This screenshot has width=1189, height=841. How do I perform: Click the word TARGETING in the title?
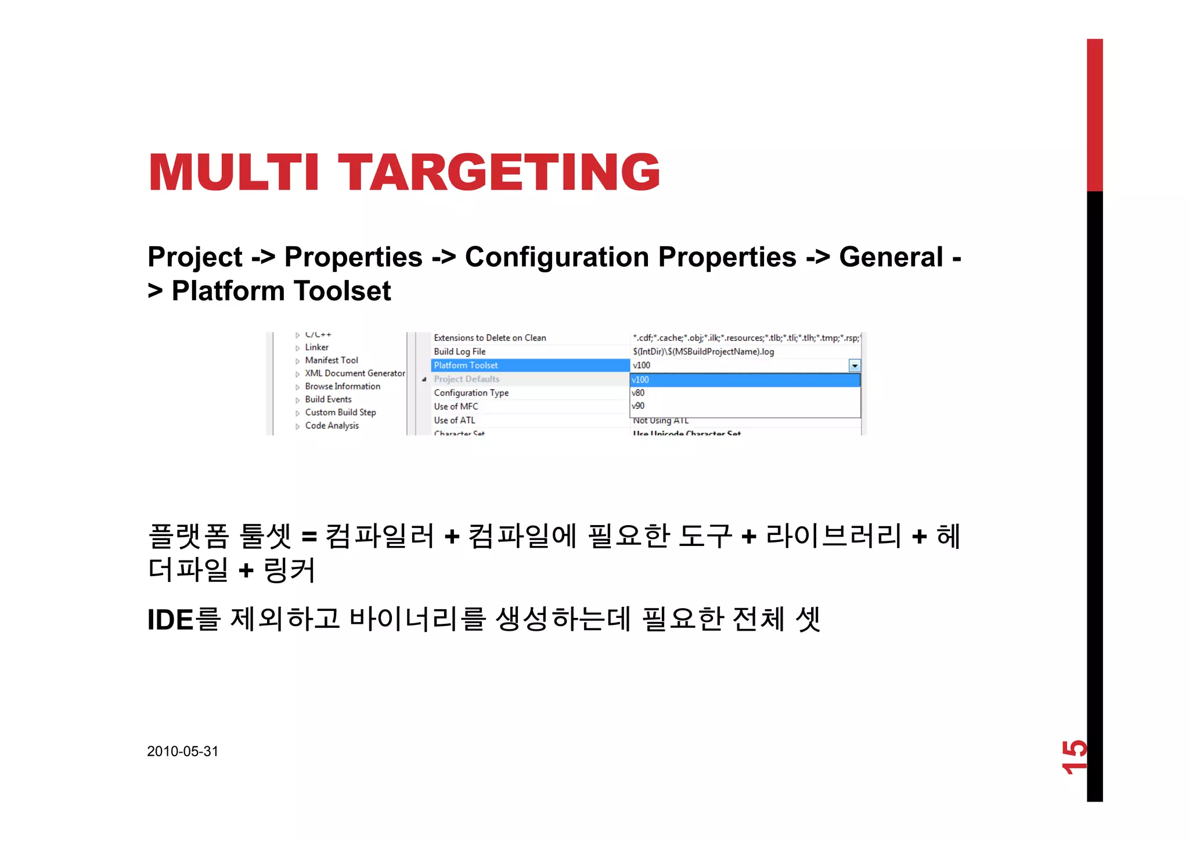tap(499, 172)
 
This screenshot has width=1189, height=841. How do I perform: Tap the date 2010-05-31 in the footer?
tap(182, 751)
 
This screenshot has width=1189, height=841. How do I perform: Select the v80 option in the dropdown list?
tap(639, 393)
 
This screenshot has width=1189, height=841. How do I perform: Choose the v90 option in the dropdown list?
tap(639, 406)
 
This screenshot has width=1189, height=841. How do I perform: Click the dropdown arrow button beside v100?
tap(855, 365)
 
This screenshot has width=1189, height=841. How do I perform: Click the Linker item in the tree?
tap(316, 347)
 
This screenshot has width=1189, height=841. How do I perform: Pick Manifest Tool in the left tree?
tap(332, 360)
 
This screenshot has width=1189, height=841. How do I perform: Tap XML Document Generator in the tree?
tap(355, 373)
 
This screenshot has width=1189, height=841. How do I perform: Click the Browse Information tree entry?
tap(343, 386)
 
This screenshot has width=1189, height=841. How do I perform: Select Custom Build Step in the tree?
tap(340, 412)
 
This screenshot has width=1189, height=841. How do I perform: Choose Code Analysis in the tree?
tap(332, 426)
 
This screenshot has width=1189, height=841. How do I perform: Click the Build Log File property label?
tap(459, 351)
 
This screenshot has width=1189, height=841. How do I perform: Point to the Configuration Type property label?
tap(471, 393)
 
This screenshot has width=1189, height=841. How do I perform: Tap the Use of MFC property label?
tap(456, 407)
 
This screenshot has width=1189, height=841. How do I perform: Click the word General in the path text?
tap(891, 257)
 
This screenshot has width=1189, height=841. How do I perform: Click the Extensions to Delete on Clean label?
tap(489, 338)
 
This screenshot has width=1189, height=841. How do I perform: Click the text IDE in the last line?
tap(170, 620)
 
